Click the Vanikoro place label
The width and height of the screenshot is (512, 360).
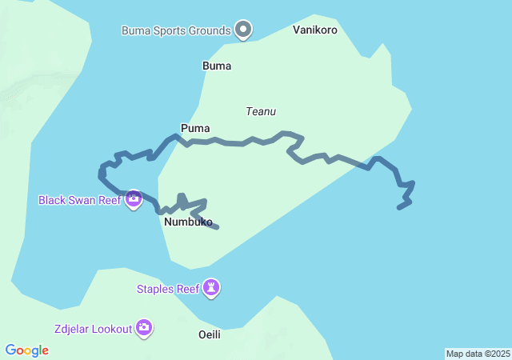coord(315,30)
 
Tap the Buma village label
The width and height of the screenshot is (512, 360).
coord(217,66)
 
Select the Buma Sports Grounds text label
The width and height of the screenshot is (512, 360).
coord(176,31)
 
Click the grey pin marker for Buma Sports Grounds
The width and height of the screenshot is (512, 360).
coord(244,30)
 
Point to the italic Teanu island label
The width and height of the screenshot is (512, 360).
coord(261,112)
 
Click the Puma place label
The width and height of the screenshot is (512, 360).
coord(195,128)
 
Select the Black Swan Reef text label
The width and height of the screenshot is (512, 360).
coord(80,199)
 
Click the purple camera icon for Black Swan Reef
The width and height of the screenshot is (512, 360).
coord(134,198)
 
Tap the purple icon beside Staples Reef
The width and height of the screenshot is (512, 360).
coord(211,287)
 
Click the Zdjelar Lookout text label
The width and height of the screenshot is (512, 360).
coord(93,328)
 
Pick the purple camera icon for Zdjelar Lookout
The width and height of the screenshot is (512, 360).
coord(144,326)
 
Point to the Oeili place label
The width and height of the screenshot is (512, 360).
coord(209,334)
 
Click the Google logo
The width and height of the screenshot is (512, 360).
coord(27,350)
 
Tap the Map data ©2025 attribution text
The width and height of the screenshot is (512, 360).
coord(478,354)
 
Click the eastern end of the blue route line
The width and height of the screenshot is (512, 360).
coord(399,208)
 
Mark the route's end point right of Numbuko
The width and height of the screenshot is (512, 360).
coord(217,227)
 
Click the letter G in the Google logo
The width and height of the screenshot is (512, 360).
coord(11,350)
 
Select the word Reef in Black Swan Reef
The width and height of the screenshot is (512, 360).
coord(108,199)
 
